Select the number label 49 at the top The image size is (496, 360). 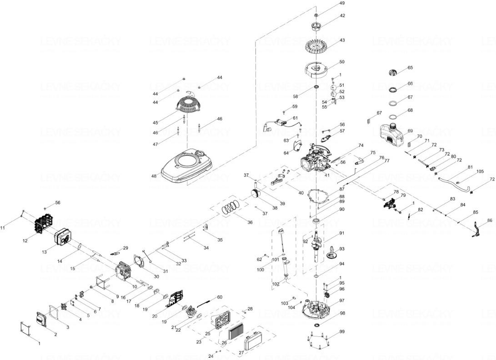[x=342, y=4]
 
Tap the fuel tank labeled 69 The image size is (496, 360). [x=392, y=133]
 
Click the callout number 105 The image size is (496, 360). [x=480, y=171]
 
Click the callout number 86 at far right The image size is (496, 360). [x=489, y=220]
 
